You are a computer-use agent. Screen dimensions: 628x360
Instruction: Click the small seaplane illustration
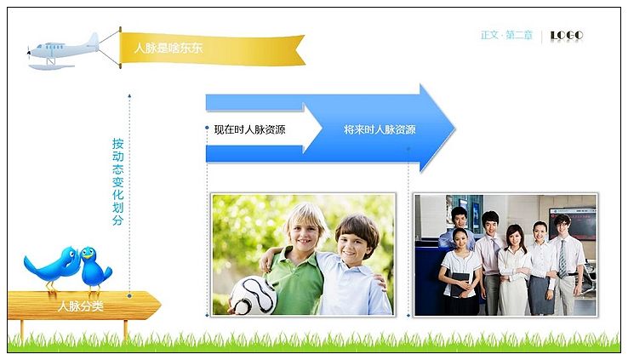(x=63, y=52)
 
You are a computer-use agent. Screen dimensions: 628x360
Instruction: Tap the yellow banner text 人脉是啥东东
(x=168, y=48)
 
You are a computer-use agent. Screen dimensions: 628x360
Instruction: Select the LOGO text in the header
(x=567, y=36)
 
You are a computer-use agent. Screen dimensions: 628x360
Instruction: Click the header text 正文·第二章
(x=506, y=35)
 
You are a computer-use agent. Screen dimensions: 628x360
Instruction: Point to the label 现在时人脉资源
(x=249, y=129)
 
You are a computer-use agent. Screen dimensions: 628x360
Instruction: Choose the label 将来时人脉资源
(x=380, y=129)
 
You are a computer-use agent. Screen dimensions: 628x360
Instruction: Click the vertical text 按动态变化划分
(x=117, y=181)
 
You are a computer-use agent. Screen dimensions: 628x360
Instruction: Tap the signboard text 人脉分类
(x=81, y=306)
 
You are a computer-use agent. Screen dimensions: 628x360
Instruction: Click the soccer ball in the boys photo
(x=253, y=295)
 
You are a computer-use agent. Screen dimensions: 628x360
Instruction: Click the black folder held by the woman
(x=459, y=284)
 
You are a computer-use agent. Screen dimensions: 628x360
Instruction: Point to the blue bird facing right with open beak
(x=94, y=266)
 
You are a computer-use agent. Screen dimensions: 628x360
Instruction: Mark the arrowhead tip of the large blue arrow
(x=454, y=129)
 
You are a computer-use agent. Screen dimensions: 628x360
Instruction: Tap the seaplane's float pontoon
(x=51, y=67)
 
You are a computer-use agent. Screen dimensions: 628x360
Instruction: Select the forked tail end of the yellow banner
(x=300, y=49)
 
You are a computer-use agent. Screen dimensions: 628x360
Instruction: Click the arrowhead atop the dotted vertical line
(x=129, y=95)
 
